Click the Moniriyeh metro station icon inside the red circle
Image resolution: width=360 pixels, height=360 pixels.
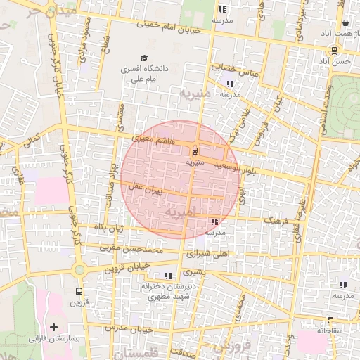[194, 150]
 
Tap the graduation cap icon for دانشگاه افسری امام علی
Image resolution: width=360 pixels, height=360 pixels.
[144, 58]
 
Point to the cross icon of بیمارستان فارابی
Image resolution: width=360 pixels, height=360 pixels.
[53, 328]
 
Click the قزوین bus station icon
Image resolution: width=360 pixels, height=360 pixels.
[78, 291]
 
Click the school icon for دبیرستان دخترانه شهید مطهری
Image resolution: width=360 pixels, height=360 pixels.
[167, 276]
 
